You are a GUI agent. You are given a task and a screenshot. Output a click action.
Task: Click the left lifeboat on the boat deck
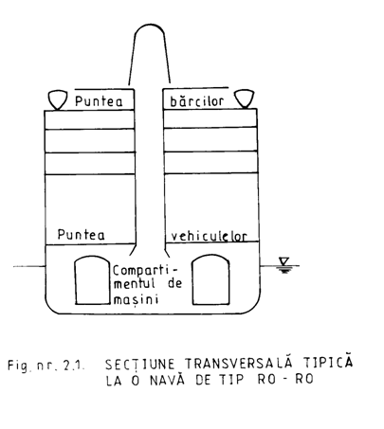click(x=58, y=100)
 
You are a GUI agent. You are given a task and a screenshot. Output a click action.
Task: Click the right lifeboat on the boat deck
click(x=244, y=98)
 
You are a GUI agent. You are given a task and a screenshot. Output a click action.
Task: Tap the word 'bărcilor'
click(x=197, y=100)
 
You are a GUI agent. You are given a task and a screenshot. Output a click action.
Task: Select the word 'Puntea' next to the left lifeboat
click(x=99, y=101)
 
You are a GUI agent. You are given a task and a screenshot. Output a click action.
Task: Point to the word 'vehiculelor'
click(x=209, y=237)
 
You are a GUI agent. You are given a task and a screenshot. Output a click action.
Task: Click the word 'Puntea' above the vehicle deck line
click(x=81, y=235)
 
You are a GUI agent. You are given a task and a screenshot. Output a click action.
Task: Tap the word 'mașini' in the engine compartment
click(x=136, y=299)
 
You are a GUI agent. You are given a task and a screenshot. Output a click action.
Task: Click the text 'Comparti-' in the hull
click(x=145, y=271)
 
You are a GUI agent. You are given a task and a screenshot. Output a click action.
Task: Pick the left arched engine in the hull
click(x=92, y=280)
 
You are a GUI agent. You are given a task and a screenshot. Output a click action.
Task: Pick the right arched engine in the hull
click(x=211, y=279)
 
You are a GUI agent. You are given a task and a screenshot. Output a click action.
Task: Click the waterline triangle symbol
click(x=284, y=261)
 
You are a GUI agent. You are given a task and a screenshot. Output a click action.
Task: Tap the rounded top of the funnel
click(x=150, y=25)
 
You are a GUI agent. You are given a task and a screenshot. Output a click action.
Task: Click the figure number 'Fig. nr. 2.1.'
click(x=46, y=366)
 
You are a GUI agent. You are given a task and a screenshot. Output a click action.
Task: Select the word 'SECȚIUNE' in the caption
click(x=139, y=365)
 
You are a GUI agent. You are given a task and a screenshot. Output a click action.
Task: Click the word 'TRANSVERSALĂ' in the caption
click(x=241, y=363)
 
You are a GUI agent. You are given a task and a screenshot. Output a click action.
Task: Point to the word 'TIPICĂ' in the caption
click(x=328, y=362)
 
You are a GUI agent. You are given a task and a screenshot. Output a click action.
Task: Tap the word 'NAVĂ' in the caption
click(x=167, y=380)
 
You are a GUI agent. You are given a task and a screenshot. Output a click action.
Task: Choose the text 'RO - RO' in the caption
click(x=285, y=379)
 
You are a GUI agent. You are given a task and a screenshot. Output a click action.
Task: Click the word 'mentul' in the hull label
click(x=135, y=284)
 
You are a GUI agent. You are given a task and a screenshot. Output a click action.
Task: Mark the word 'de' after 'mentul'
click(x=174, y=283)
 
